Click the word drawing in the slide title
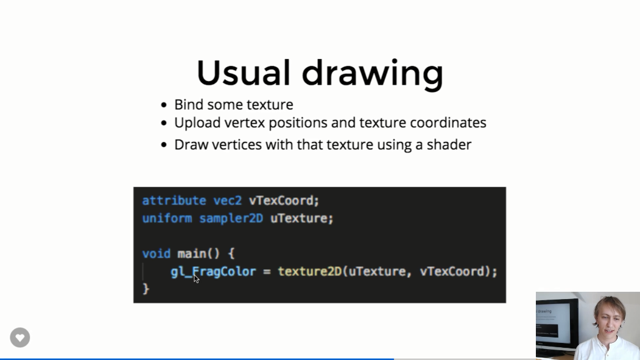[372, 75]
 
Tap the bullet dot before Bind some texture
[164, 105]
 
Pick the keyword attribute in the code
[174, 200]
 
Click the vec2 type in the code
[227, 200]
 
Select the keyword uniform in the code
[167, 218]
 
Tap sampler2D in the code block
[231, 219]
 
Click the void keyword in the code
[156, 254]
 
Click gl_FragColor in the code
[213, 272]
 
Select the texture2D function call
[310, 272]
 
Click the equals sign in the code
[267, 272]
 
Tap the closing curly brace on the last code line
[146, 289]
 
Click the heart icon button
[20, 337]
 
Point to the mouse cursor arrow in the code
[196, 279]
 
